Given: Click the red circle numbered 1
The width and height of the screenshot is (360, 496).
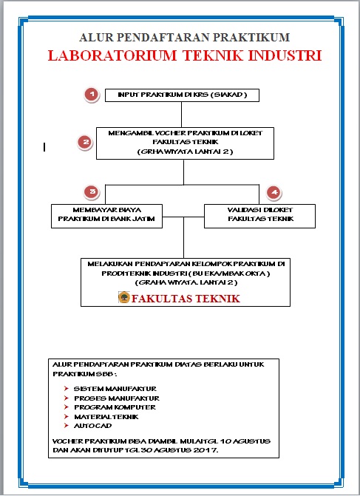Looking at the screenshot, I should tap(90, 95).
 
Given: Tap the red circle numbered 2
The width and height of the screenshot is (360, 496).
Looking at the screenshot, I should tap(86, 142).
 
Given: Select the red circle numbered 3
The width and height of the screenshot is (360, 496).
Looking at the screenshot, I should tap(92, 192).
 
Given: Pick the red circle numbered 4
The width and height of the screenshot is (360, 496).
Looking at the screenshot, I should tap(274, 192).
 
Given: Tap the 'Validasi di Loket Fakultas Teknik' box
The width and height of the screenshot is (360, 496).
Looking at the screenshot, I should tap(260, 214).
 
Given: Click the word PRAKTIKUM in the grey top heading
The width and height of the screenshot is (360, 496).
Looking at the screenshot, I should tap(253, 37).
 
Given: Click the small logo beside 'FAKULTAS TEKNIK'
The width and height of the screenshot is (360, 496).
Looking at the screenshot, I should tap(123, 298).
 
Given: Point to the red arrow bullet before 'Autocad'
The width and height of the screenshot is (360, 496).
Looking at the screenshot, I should tap(67, 427).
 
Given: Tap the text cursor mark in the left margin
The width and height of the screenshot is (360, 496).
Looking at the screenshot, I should tap(44, 147).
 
